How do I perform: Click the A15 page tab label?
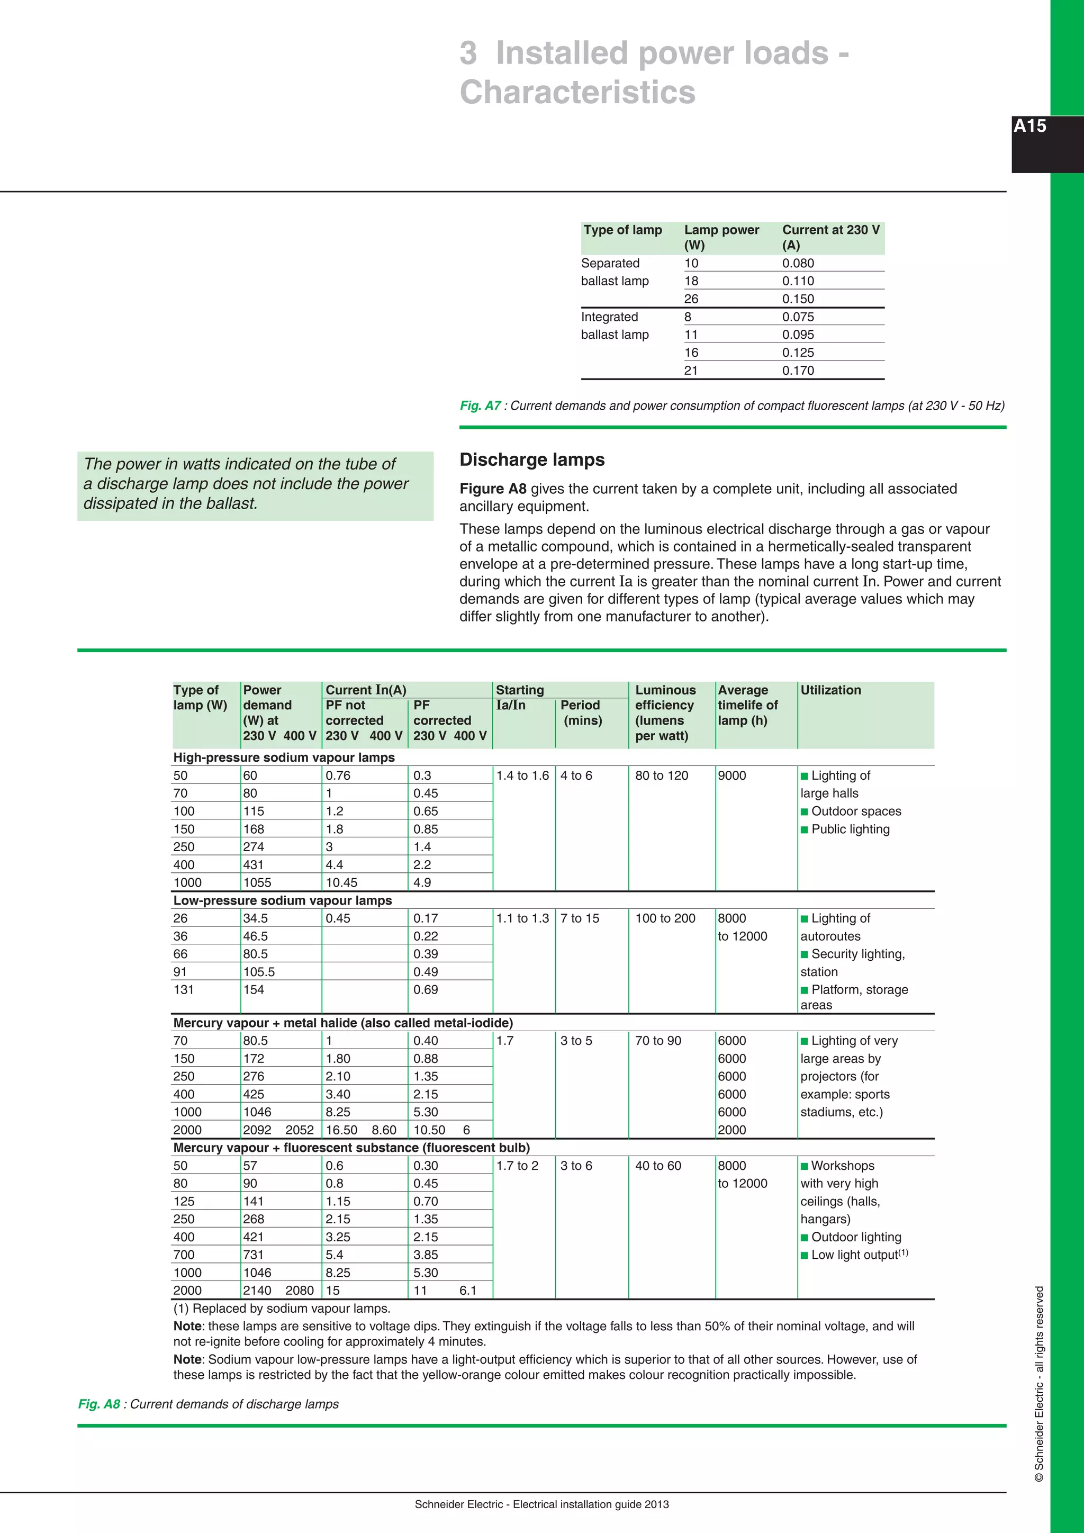pos(1029,126)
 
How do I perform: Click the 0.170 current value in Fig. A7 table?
pos(798,371)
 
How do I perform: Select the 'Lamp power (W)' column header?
pos(721,237)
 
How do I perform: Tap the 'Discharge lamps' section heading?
pos(532,459)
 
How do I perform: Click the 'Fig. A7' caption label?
pos(480,405)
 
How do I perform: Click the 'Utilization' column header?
pos(830,690)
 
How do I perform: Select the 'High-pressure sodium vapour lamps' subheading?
pos(284,757)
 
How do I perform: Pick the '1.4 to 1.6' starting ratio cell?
pos(522,775)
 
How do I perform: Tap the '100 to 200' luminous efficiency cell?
pos(665,918)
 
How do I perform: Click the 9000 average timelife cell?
pos(731,775)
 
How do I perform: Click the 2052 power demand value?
pos(299,1130)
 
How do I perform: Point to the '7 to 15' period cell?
pos(580,918)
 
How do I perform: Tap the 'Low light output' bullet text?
pos(854,1255)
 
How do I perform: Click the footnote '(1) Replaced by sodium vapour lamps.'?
pos(282,1308)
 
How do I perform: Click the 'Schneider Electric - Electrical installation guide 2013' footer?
pos(541,1504)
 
